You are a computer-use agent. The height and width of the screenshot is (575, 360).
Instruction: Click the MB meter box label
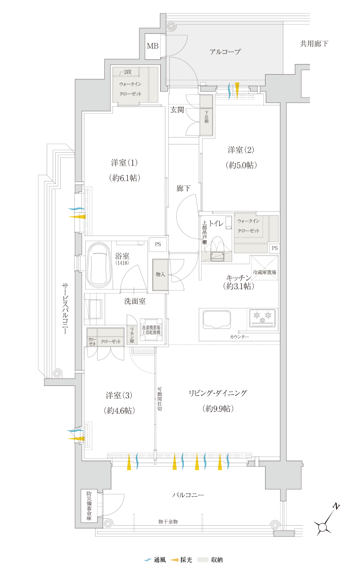pos(152,46)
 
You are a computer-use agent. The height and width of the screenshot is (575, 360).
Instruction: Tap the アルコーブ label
pos(225,52)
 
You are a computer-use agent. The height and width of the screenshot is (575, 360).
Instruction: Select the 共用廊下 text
pos(314,43)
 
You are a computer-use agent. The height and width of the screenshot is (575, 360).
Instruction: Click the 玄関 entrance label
pos(177,110)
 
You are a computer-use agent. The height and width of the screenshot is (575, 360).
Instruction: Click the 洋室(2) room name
pos(241,150)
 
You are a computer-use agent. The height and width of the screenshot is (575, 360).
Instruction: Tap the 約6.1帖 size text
pos(125,178)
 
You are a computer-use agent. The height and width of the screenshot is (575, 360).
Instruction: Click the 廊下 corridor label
pos(183,188)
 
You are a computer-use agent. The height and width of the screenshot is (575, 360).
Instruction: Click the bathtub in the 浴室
pos(99,265)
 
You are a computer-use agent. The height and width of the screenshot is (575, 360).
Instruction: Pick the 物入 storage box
pos(160,275)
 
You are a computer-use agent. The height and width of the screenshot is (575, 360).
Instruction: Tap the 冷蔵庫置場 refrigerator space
pos(264,268)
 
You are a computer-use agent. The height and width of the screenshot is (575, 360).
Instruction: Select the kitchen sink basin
pos(217,319)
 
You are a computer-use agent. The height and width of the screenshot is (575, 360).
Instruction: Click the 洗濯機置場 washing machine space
pos(151,330)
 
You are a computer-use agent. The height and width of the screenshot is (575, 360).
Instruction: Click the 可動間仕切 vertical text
pos(159,399)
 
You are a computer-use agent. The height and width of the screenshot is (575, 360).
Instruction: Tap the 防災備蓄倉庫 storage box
pos(89,506)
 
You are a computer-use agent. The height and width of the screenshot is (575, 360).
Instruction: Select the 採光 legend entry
pos(181,560)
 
